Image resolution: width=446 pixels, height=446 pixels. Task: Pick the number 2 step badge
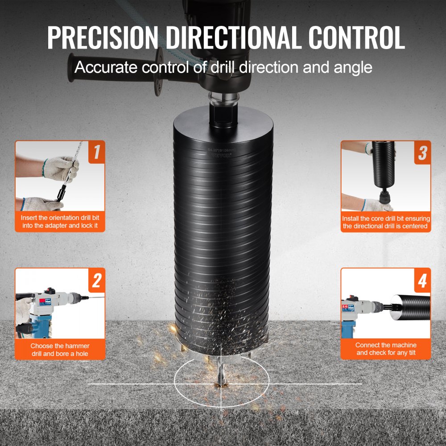click(96, 280)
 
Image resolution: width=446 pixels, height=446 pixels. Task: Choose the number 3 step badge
click(421, 152)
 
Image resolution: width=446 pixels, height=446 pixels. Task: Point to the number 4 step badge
click(421, 280)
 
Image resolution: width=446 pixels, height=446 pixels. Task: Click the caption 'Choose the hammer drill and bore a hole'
click(60, 349)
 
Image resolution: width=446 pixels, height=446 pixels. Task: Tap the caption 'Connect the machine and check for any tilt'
click(386, 349)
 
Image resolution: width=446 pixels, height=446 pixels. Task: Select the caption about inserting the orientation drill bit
click(60, 222)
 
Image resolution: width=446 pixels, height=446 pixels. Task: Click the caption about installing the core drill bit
click(386, 222)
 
